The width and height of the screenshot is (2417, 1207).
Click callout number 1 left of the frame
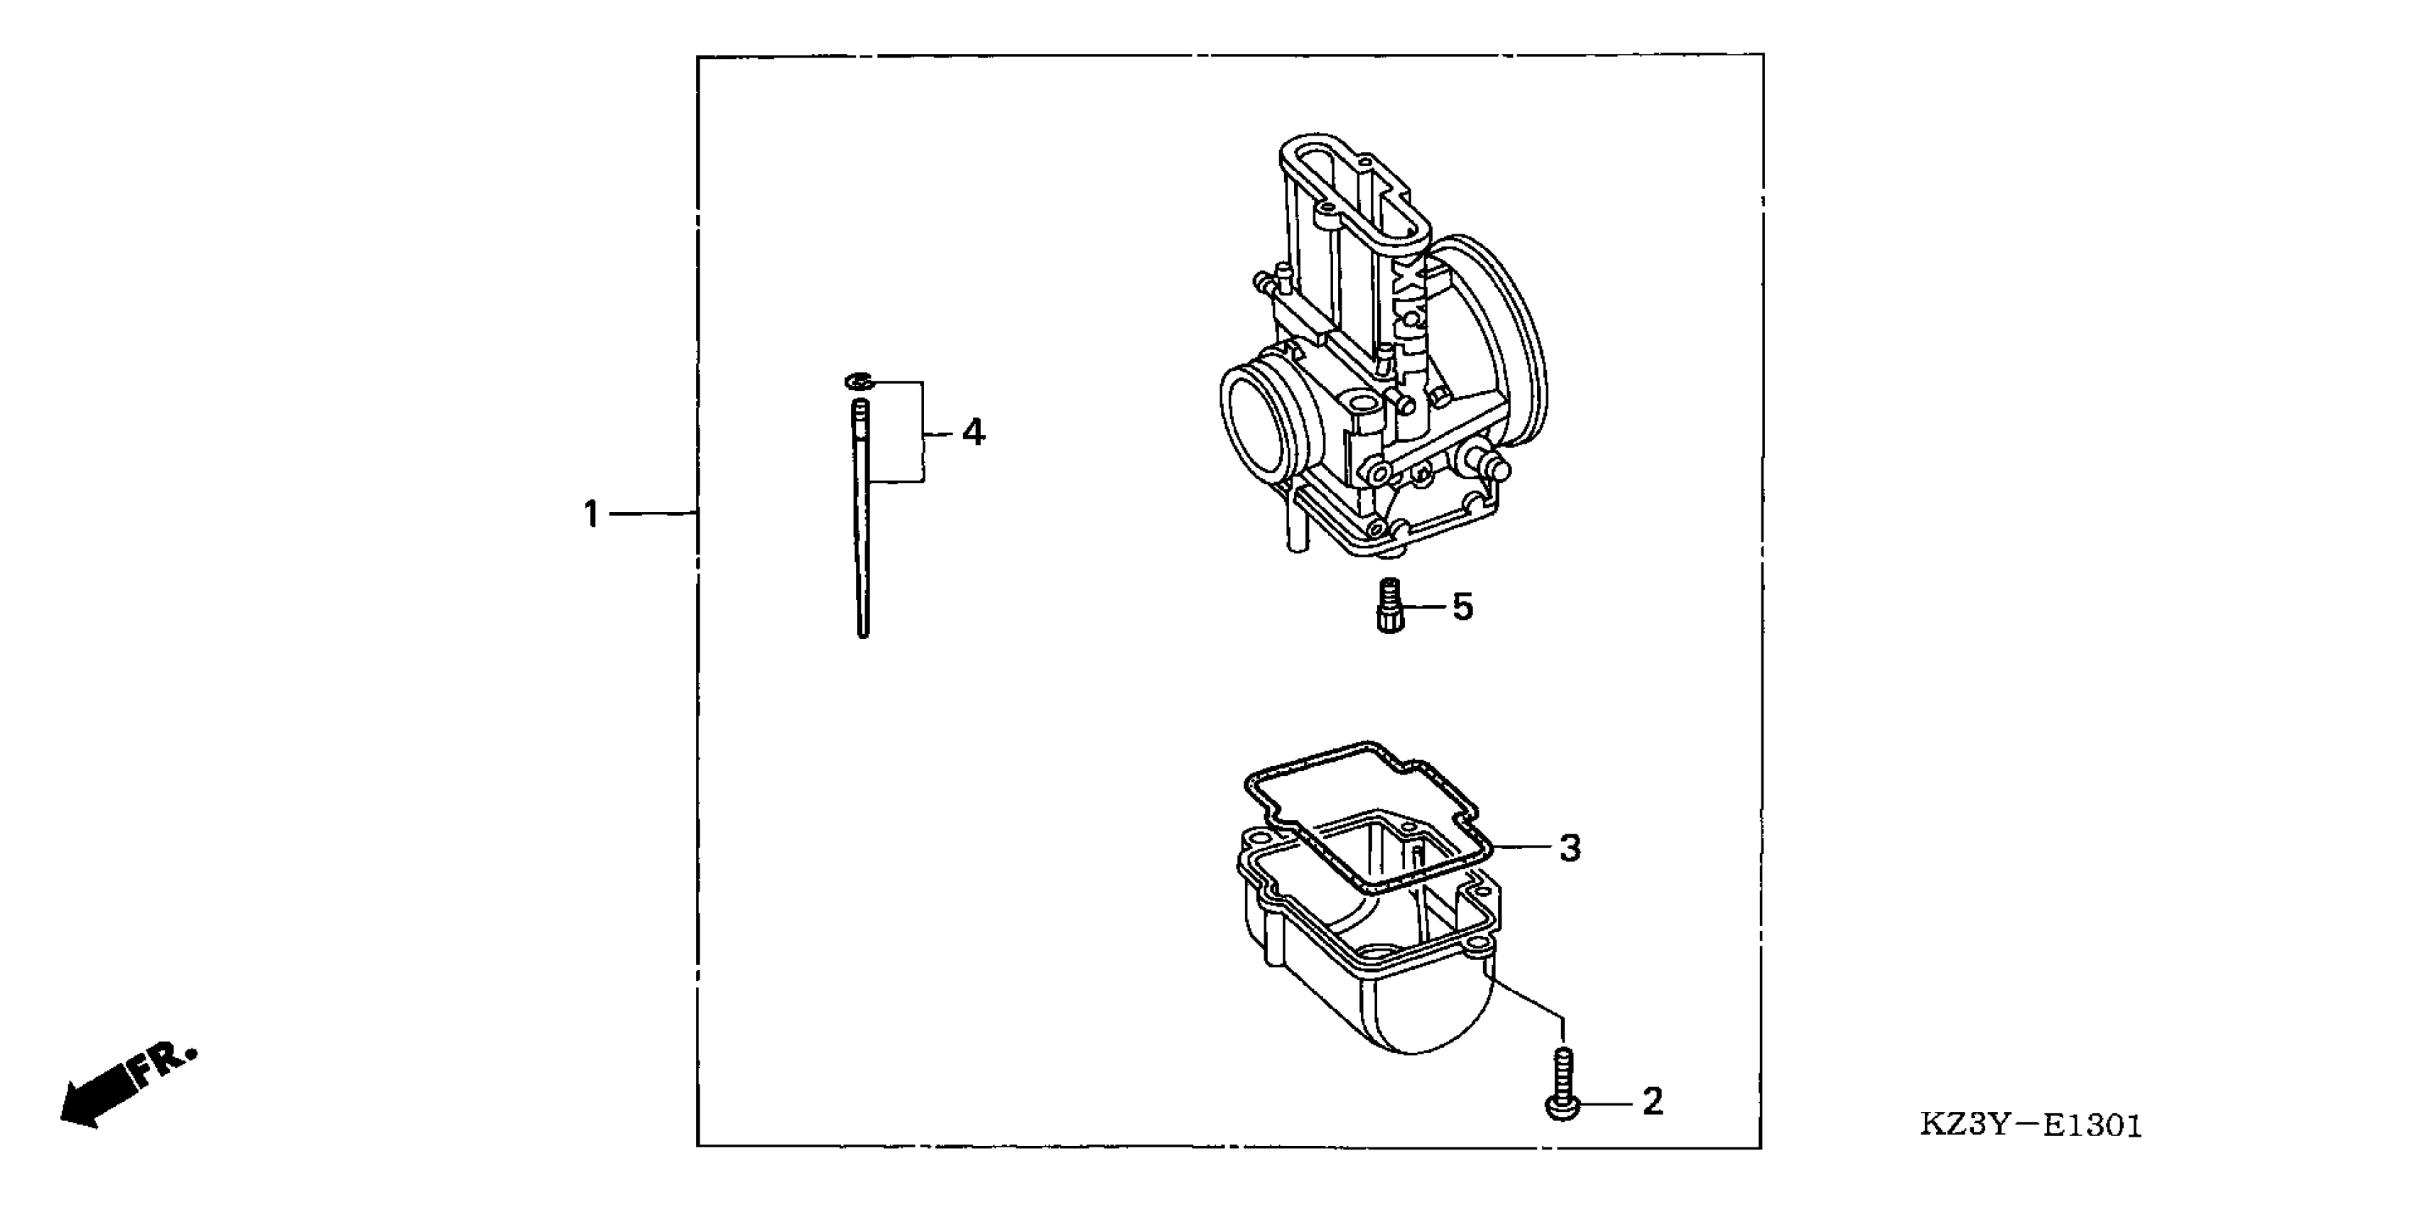click(591, 514)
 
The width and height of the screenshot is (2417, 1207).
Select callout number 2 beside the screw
click(1652, 1102)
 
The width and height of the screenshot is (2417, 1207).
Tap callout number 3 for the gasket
click(1570, 848)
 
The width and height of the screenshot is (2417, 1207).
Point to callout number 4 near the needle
click(974, 432)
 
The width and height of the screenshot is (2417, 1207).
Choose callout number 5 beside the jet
click(1463, 608)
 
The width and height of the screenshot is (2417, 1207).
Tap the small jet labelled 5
click(1389, 608)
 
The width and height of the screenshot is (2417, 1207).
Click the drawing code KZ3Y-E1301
click(2031, 1125)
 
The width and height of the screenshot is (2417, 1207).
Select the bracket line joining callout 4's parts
click(923, 432)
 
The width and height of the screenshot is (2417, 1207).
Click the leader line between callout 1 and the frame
click(652, 514)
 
